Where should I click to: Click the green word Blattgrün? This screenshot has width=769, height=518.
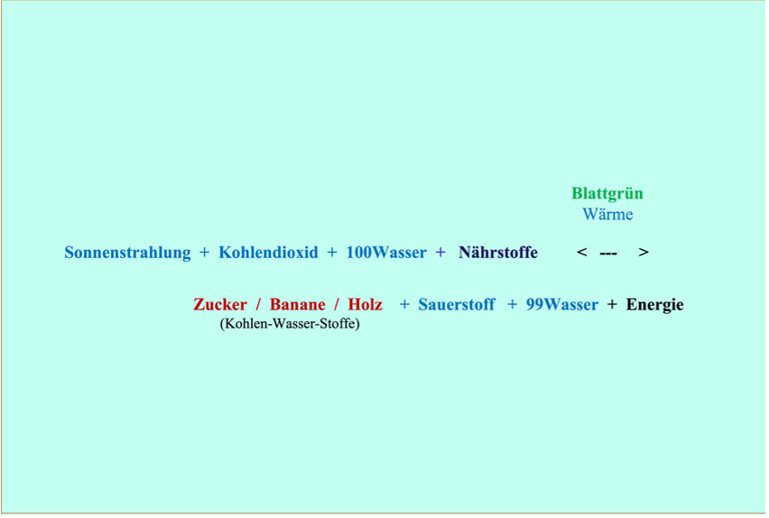pos(607,193)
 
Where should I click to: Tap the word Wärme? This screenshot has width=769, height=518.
pos(607,214)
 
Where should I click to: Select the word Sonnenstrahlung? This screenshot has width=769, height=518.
pos(127,253)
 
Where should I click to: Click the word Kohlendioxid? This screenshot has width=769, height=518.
pos(268,253)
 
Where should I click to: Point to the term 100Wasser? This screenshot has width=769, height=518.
pos(386,253)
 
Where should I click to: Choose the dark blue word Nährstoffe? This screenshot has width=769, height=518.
pos(498,253)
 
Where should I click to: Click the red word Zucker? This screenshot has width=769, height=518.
pos(219,304)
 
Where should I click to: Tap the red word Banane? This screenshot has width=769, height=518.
pos(297,304)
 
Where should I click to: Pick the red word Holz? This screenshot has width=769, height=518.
pos(365,304)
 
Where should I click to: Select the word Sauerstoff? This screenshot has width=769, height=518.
pos(456,304)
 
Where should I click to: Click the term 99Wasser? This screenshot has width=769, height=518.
pos(561,304)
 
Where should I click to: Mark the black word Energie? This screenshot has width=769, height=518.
pos(654,304)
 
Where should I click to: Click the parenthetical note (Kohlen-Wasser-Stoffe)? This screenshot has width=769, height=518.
pos(289,323)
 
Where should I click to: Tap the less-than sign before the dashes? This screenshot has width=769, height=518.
pos(582,253)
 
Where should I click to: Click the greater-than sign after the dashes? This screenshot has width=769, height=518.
pos(643,253)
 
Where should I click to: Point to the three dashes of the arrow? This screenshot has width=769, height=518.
pos(608,254)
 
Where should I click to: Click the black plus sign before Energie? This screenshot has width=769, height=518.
pos(612,304)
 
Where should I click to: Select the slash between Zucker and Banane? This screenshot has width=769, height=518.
pos(258,304)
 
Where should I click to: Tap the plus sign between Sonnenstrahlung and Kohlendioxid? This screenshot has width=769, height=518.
pos(204,253)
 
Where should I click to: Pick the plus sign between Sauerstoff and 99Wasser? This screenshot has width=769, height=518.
pos(512,304)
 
